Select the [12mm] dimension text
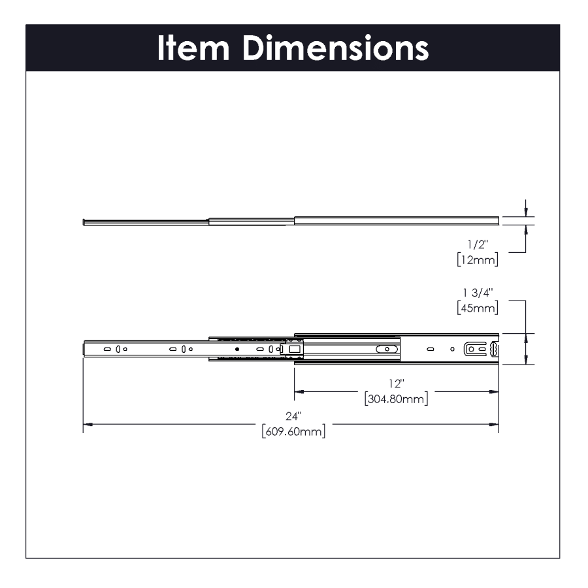pos(478,260)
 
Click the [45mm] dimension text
pos(478,308)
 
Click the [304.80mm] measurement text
pos(396,399)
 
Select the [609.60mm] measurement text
pos(293,431)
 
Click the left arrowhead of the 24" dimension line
pos(88,425)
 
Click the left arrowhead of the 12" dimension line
pos(299,392)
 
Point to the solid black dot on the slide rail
pos(237,349)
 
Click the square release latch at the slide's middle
pos(293,349)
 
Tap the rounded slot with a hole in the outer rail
pos(387,349)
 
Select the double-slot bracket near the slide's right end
pos(475,349)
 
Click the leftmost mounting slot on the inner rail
pos(106,349)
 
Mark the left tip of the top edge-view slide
pos(84,221)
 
